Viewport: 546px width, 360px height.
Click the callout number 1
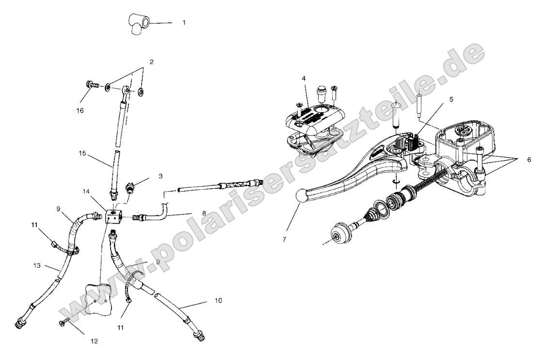pyautogui.click(x=184, y=22)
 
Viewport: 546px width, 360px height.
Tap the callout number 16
pyautogui.click(x=80, y=111)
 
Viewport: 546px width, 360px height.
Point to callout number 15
pyautogui.click(x=83, y=153)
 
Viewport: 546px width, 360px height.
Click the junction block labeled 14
pyautogui.click(x=112, y=215)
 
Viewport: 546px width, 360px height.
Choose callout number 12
pyautogui.click(x=94, y=341)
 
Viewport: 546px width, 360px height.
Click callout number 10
pyautogui.click(x=218, y=301)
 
